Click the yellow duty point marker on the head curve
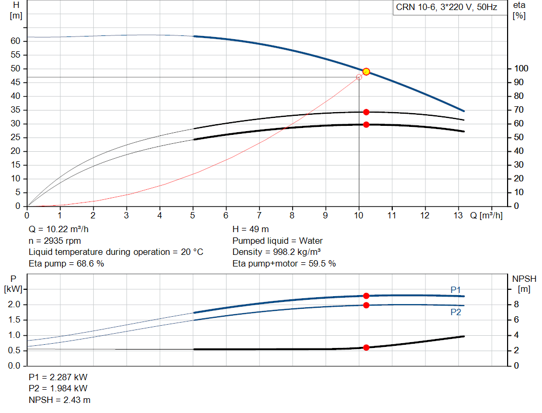(x=366, y=71)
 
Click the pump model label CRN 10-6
(x=446, y=7)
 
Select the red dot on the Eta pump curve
(x=366, y=112)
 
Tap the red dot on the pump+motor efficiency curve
(x=366, y=125)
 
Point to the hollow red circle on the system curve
(x=359, y=77)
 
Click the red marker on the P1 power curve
(x=366, y=296)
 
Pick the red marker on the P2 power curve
(x=366, y=305)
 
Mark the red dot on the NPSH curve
(x=366, y=347)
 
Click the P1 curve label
(x=456, y=290)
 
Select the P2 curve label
(x=456, y=313)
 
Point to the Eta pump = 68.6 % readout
(x=66, y=263)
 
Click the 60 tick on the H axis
(x=15, y=41)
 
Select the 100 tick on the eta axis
(x=521, y=69)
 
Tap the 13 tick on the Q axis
(x=459, y=216)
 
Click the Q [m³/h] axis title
(x=486, y=216)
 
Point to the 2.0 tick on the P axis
(x=14, y=305)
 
